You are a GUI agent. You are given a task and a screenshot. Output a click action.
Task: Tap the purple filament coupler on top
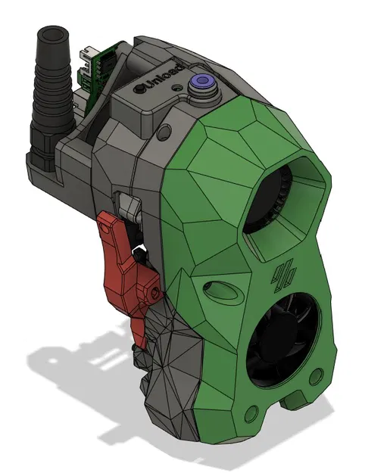(x=203, y=82)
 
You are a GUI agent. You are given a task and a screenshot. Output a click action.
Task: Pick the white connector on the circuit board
(x=87, y=52)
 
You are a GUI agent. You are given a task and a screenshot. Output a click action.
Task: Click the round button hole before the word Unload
(x=141, y=89)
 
